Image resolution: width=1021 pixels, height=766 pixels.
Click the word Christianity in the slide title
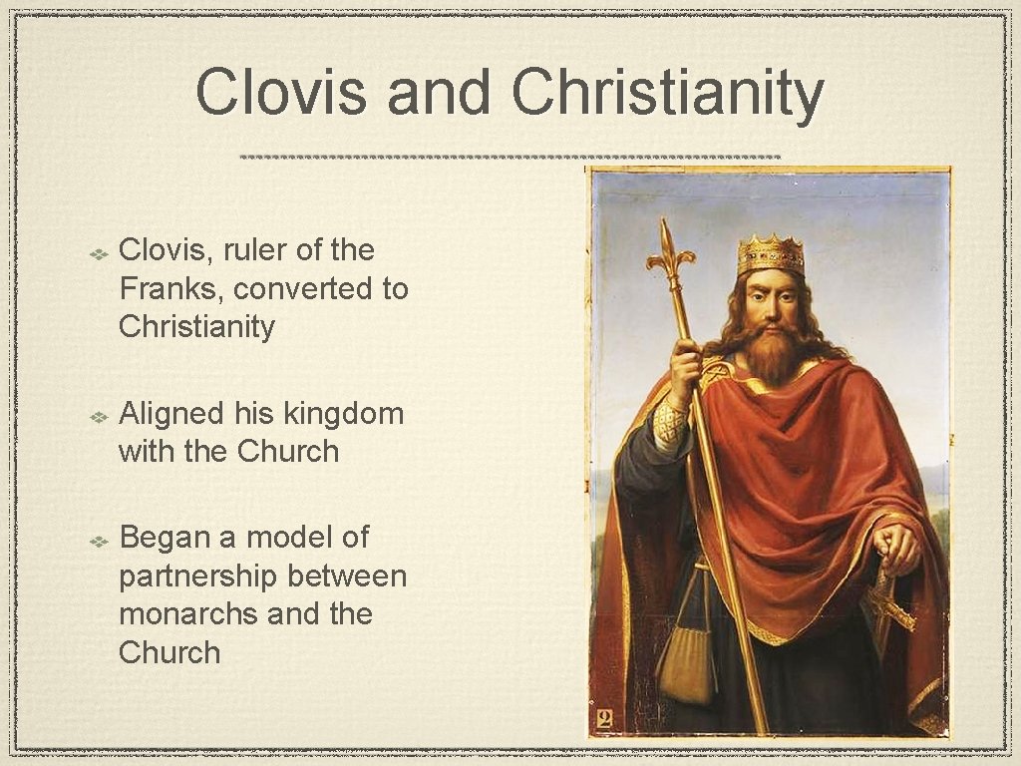667,93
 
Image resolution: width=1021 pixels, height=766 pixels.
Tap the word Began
163,537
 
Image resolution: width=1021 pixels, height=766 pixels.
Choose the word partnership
199,575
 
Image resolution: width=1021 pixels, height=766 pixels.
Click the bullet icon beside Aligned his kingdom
100,415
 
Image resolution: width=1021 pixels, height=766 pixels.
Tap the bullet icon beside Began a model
100,540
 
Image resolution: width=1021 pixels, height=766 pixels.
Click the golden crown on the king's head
770,255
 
